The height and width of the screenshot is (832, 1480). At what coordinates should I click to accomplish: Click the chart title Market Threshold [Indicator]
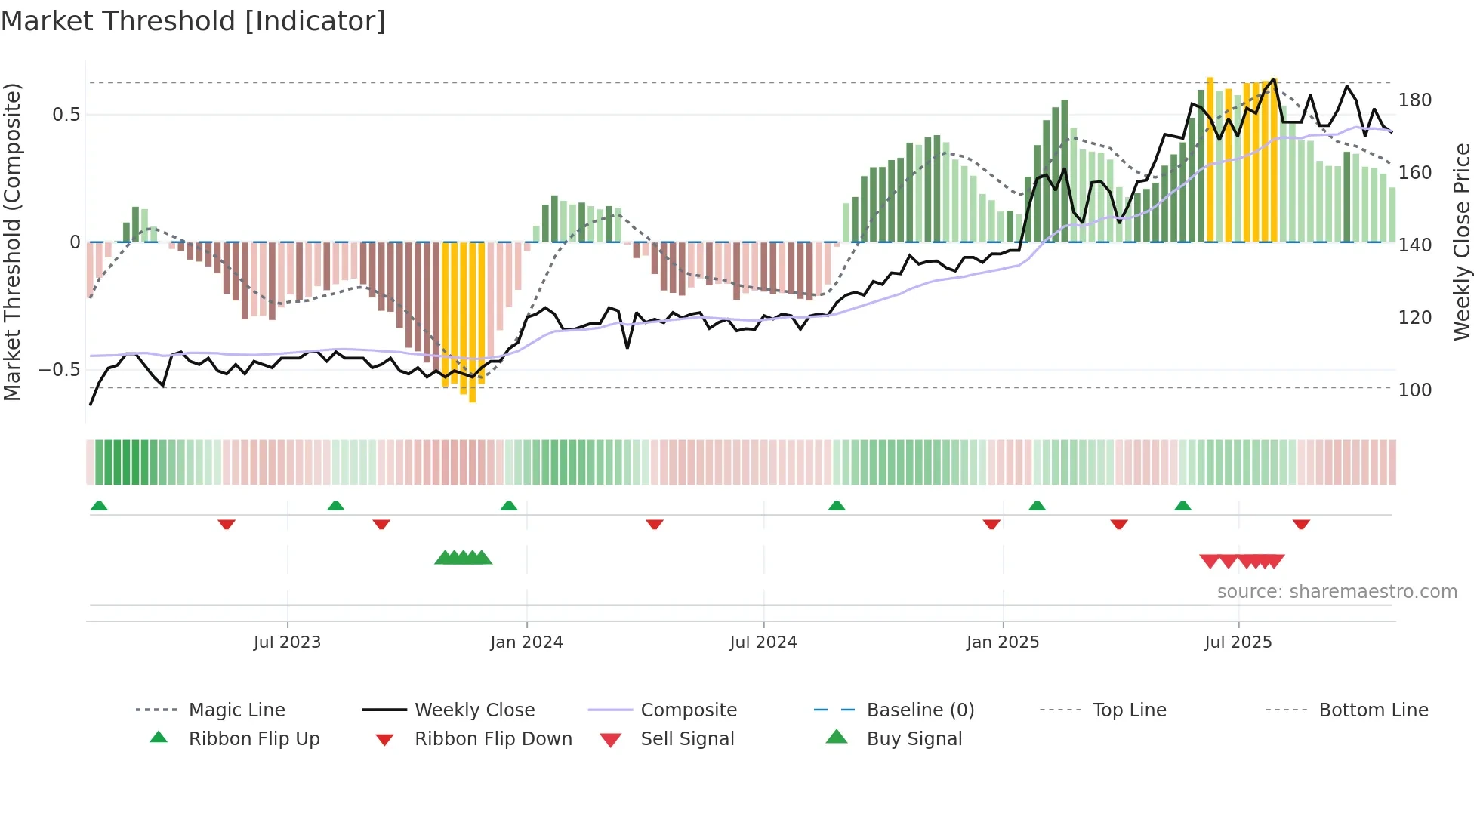click(x=193, y=21)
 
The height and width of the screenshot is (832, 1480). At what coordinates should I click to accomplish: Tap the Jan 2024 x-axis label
click(x=526, y=642)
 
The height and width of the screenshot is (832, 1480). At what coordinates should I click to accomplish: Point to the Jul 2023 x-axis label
click(x=287, y=642)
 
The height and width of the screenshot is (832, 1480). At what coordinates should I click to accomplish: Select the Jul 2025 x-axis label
click(x=1238, y=642)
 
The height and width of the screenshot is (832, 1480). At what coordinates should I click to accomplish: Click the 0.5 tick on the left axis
click(x=66, y=115)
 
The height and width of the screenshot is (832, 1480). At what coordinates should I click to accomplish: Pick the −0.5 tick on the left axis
click(x=60, y=370)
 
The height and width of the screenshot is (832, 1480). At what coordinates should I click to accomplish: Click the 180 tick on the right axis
click(x=1414, y=100)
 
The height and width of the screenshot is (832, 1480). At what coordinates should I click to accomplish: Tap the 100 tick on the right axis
click(x=1414, y=390)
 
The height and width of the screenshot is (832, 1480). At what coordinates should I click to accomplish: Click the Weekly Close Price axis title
click(x=1462, y=242)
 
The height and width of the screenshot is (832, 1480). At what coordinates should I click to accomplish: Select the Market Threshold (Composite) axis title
click(x=12, y=242)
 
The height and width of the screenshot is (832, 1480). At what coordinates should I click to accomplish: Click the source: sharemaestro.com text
click(x=1337, y=592)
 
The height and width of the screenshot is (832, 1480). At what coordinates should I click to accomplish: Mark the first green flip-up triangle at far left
click(x=99, y=506)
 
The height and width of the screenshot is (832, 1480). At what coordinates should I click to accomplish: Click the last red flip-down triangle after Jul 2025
click(x=1301, y=524)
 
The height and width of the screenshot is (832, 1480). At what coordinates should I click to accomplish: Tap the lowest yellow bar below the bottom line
click(x=473, y=393)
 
